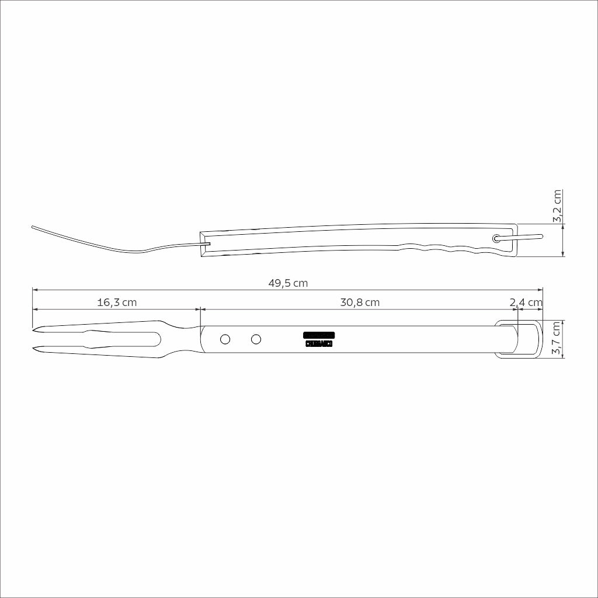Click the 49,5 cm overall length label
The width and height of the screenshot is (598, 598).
pyautogui.click(x=288, y=283)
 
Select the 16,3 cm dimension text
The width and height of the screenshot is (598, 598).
pyautogui.click(x=117, y=303)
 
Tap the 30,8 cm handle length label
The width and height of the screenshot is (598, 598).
pyautogui.click(x=360, y=303)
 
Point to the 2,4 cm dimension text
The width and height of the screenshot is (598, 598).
pyautogui.click(x=526, y=303)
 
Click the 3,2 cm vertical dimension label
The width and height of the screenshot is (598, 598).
pyautogui.click(x=558, y=206)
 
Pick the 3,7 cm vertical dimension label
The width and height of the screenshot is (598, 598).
pyautogui.click(x=558, y=339)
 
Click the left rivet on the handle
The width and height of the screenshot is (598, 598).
pyautogui.click(x=225, y=339)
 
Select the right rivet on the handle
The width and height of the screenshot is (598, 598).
pyautogui.click(x=255, y=339)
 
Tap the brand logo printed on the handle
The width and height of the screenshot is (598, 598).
pyautogui.click(x=319, y=339)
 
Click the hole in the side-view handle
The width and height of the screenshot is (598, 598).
pyautogui.click(x=496, y=238)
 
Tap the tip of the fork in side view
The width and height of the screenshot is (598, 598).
pyautogui.click(x=33, y=227)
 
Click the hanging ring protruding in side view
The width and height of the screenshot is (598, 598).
pyautogui.click(x=529, y=237)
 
